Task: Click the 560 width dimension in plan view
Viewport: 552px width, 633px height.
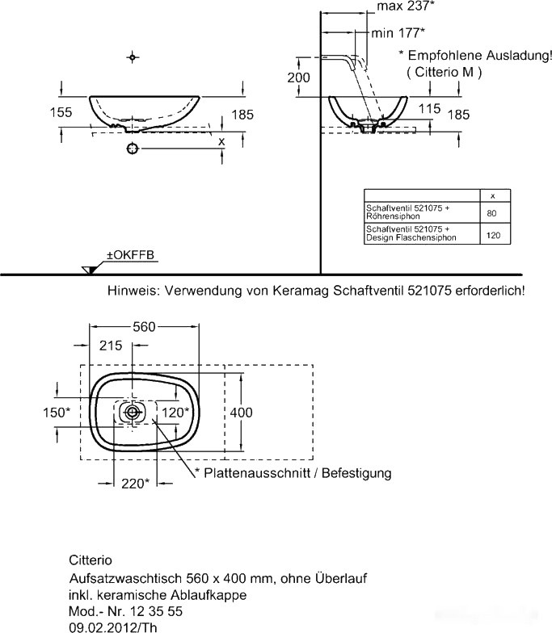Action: pyautogui.click(x=143, y=326)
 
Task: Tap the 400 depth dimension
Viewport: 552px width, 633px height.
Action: pyautogui.click(x=242, y=413)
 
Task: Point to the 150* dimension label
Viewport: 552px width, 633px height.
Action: pyautogui.click(x=56, y=413)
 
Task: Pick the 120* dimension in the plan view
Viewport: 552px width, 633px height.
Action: pyautogui.click(x=175, y=412)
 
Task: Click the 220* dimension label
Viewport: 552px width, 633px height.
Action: pyautogui.click(x=135, y=484)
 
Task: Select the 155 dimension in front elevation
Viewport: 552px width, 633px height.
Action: pyautogui.click(x=61, y=113)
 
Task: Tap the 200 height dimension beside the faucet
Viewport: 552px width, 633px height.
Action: pyautogui.click(x=299, y=77)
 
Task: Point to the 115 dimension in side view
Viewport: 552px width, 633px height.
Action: pyautogui.click(x=430, y=107)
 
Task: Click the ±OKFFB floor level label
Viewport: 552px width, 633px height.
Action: pyautogui.click(x=130, y=256)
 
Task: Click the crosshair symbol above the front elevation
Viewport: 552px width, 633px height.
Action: pyautogui.click(x=133, y=57)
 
